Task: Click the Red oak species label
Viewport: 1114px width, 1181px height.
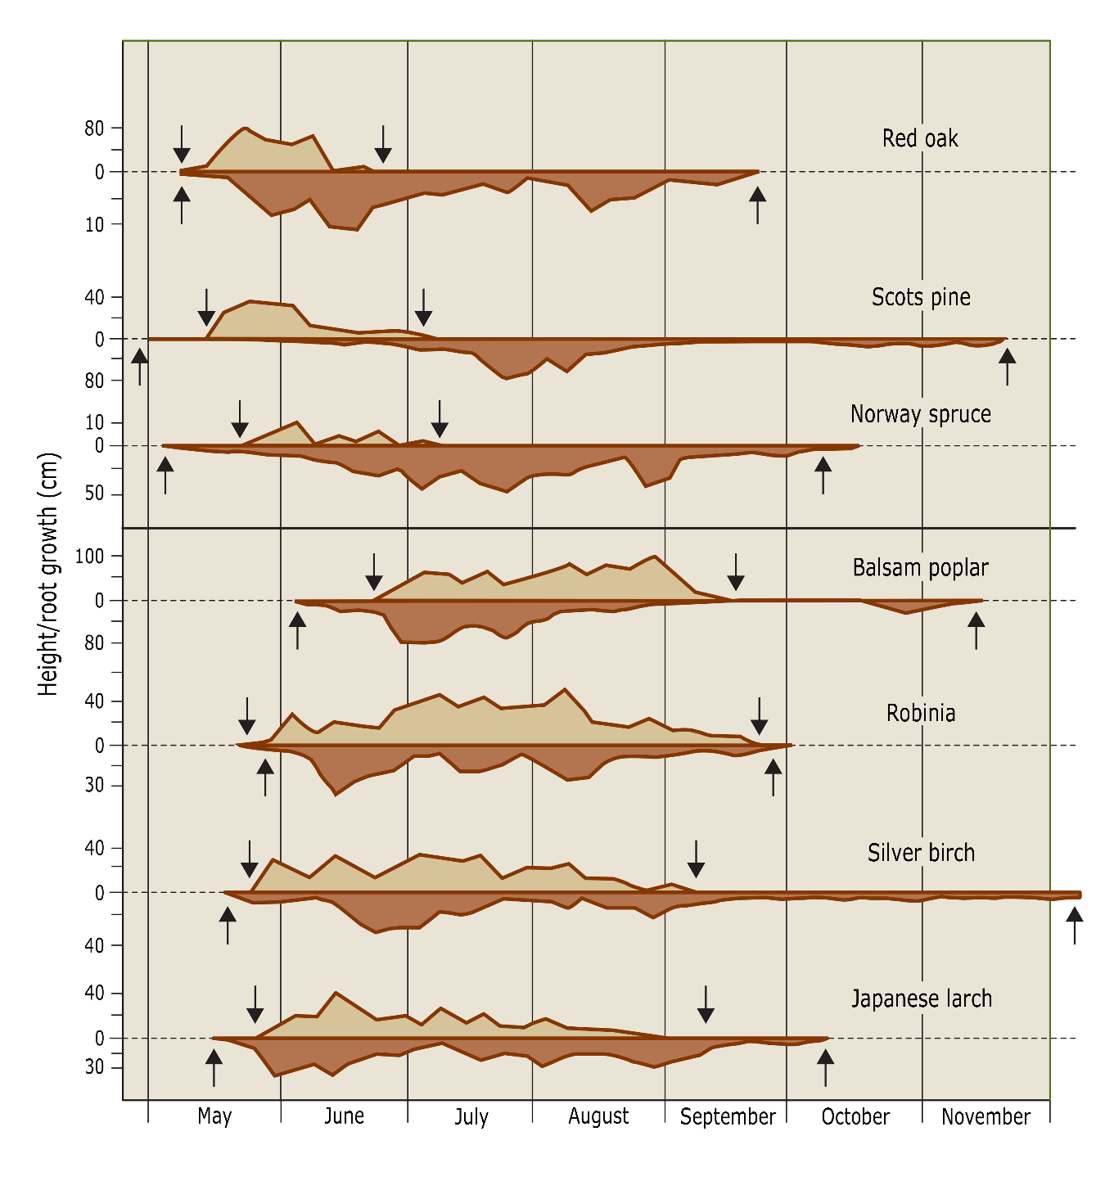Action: pos(920,138)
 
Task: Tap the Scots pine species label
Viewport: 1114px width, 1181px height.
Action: pos(921,297)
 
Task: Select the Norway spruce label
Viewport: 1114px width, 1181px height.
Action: pos(920,414)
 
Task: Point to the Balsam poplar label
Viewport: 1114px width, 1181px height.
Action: pos(920,567)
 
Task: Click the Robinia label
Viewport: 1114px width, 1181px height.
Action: pos(921,713)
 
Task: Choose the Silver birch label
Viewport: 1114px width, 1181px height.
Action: pos(921,853)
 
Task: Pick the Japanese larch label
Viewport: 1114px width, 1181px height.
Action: pos(922,998)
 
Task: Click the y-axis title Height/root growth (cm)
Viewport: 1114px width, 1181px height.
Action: pos(49,573)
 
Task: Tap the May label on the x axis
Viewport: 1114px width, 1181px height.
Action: pos(214,1116)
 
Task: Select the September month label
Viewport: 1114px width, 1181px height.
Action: pos(727,1116)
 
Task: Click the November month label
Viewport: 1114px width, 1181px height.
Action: pos(985,1116)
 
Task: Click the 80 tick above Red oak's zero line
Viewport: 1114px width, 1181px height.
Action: pos(94,128)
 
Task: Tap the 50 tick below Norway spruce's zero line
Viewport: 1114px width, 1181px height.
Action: pos(94,494)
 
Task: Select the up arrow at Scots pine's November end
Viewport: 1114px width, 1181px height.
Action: pos(1007,366)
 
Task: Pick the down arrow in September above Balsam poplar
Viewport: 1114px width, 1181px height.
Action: pos(736,571)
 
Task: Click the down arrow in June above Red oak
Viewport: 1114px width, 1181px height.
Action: pos(383,144)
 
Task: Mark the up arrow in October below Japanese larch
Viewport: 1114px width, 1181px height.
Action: pos(825,1067)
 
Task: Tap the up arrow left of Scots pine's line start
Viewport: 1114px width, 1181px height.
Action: pos(140,366)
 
